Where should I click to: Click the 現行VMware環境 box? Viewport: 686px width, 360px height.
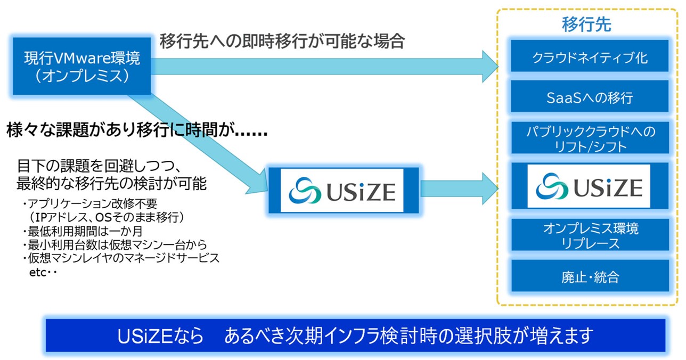click(82, 66)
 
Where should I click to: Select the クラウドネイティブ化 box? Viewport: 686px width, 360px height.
click(590, 56)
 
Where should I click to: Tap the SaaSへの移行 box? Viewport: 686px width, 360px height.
click(590, 96)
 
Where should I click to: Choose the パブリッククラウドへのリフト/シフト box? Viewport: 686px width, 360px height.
click(590, 138)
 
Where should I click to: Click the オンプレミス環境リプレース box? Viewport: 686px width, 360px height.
click(590, 235)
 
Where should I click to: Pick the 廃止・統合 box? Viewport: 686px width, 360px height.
click(590, 276)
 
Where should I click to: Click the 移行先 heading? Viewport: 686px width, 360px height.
click(586, 24)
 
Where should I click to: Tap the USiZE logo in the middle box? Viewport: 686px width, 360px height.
click(342, 191)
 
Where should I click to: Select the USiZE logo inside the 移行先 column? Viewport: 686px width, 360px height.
click(589, 186)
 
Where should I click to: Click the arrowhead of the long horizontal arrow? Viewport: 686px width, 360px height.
click(489, 67)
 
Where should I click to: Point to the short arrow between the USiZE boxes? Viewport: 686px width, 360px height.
click(459, 189)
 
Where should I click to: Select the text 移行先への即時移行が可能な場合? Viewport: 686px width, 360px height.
click(282, 41)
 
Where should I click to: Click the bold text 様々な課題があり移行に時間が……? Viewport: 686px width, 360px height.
click(137, 130)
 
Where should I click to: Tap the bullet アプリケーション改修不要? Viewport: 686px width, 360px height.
click(90, 203)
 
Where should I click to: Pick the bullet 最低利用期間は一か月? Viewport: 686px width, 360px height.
click(82, 231)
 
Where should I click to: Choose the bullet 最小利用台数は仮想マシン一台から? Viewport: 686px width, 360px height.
click(115, 244)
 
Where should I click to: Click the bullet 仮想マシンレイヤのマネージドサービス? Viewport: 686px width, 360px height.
click(121, 258)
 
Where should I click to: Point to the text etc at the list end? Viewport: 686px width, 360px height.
click(37, 273)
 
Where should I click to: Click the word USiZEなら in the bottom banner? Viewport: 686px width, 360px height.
click(160, 336)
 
